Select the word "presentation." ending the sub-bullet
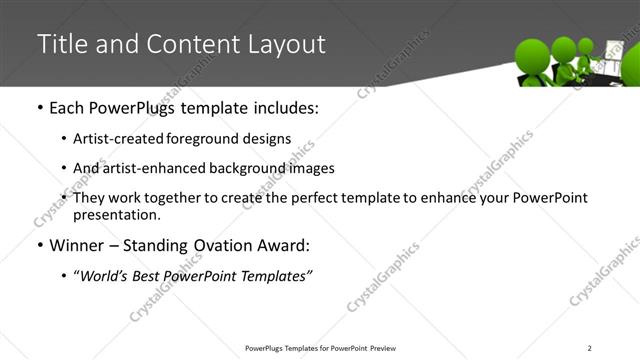[x=117, y=214]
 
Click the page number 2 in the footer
[x=590, y=348]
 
